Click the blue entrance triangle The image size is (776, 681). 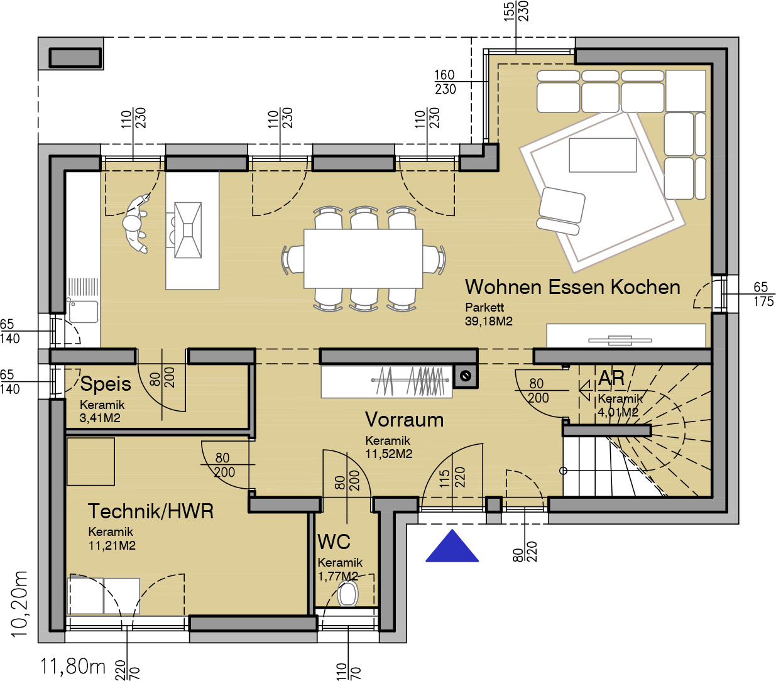[x=452, y=547]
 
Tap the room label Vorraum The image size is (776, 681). [x=404, y=420]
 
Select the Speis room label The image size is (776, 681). [x=106, y=384]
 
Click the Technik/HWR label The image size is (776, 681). [x=151, y=511]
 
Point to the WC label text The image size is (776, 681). [x=334, y=542]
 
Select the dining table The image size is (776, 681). [x=363, y=259]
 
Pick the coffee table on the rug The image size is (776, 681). [x=603, y=155]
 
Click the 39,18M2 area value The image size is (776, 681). [x=489, y=321]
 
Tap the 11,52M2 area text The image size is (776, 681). [x=389, y=454]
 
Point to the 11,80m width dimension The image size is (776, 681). [x=73, y=667]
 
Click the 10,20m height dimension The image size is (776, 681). [x=19, y=604]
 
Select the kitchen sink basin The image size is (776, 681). [x=84, y=312]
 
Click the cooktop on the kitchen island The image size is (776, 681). [x=188, y=230]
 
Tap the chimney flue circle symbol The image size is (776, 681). [x=466, y=376]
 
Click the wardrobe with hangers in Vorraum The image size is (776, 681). [x=387, y=382]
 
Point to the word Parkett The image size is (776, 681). [x=484, y=307]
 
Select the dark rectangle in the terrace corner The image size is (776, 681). [x=75, y=58]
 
